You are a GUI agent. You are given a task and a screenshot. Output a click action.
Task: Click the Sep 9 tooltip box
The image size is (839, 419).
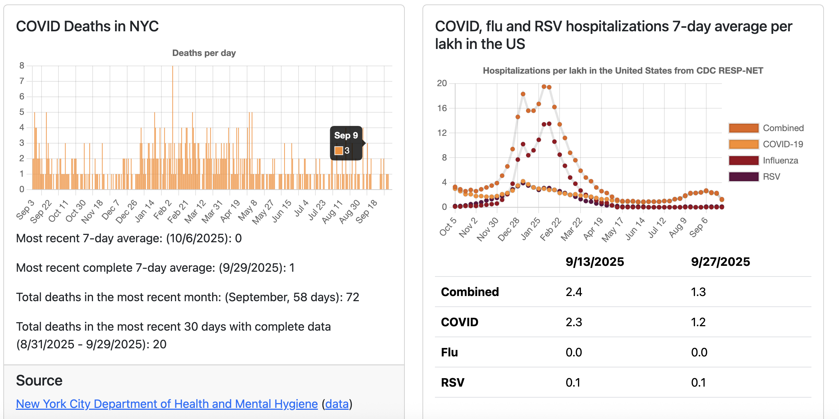click(346, 143)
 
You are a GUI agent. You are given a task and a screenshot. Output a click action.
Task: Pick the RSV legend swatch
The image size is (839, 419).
click(743, 177)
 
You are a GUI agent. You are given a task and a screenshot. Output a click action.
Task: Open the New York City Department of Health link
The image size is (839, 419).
click(167, 404)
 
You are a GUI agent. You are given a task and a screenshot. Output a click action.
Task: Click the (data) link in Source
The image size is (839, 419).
click(337, 404)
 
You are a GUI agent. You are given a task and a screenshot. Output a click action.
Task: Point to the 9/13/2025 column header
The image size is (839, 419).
click(595, 262)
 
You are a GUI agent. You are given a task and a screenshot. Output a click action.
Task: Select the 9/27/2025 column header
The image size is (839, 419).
click(720, 262)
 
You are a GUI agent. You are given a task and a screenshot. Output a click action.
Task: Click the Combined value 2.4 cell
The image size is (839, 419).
click(574, 292)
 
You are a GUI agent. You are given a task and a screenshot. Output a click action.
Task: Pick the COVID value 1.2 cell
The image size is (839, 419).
click(698, 322)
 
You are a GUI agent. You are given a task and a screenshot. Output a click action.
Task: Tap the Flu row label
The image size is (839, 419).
click(449, 352)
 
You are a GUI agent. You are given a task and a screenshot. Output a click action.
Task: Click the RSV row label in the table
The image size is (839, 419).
click(453, 383)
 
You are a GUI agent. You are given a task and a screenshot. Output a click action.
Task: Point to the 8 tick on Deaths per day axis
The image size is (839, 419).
click(22, 66)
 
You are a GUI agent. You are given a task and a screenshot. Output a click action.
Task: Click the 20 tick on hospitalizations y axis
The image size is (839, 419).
click(442, 83)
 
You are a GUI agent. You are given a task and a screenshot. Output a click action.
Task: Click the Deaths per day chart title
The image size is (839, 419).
click(204, 53)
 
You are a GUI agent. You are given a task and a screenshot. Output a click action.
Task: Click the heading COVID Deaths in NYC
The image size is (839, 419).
click(87, 27)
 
